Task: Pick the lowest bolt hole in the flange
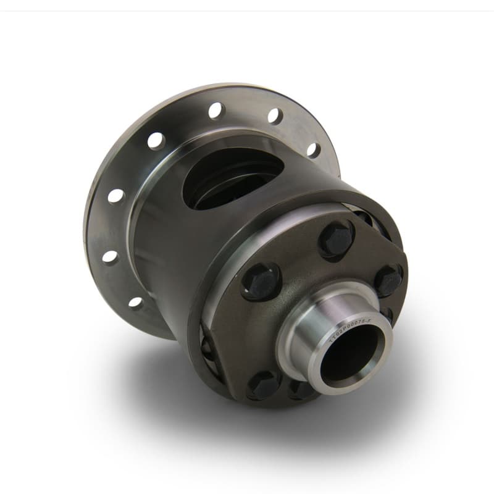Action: (135, 303)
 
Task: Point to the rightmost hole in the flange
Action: (314, 149)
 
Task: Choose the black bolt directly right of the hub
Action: (388, 281)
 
